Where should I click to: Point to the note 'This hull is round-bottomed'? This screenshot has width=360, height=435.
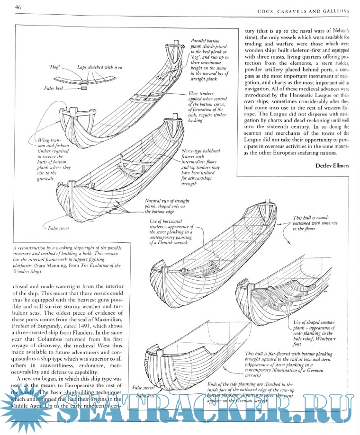(x=313, y=223)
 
